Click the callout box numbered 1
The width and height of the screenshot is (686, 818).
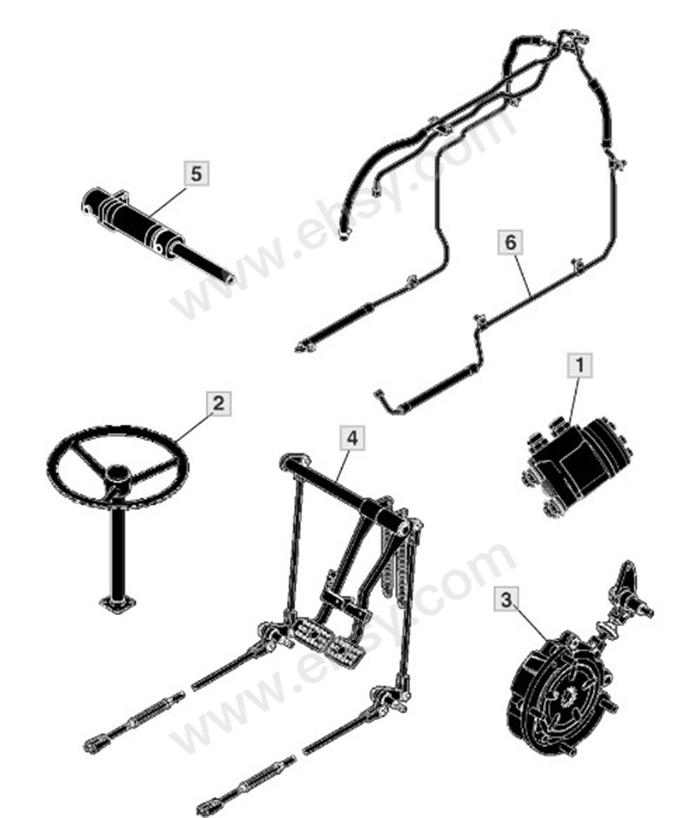coord(579,366)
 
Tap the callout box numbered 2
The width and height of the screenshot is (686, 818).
coord(219,403)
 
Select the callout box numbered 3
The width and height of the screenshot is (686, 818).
coord(506,600)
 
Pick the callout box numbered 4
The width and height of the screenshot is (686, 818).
coord(353,439)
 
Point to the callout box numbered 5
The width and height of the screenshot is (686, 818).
coord(196,173)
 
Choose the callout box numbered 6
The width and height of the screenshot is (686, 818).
coord(511,242)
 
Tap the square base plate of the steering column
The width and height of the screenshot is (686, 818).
coord(118,603)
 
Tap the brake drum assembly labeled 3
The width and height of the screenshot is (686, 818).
coord(557,691)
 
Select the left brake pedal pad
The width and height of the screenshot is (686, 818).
coord(310,633)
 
